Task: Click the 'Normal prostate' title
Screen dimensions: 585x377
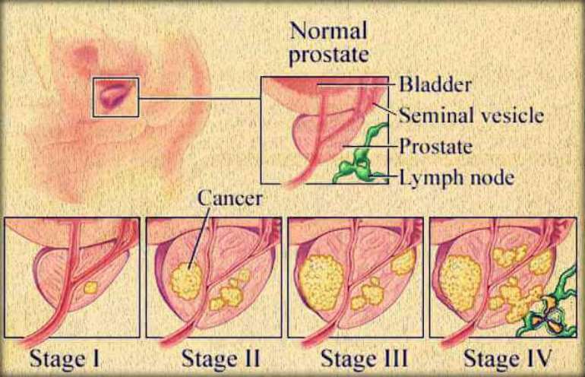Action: (329, 43)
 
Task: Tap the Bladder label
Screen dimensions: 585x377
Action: (435, 84)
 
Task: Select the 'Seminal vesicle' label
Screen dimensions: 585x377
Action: (471, 115)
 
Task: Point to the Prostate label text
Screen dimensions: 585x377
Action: (436, 146)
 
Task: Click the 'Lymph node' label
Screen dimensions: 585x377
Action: (457, 177)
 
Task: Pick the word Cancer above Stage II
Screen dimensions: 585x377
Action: (229, 198)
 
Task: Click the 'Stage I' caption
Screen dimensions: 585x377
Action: (65, 359)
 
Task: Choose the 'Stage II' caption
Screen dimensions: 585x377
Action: (220, 359)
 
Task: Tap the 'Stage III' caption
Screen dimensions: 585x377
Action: (364, 359)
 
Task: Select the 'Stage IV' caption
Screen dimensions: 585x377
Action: (507, 359)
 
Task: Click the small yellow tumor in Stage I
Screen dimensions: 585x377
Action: (90, 288)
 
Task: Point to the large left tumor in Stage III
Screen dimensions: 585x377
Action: (321, 282)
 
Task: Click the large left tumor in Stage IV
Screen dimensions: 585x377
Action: (460, 283)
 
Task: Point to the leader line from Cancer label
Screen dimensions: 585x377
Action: (198, 239)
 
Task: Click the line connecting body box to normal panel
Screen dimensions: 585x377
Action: (200, 99)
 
